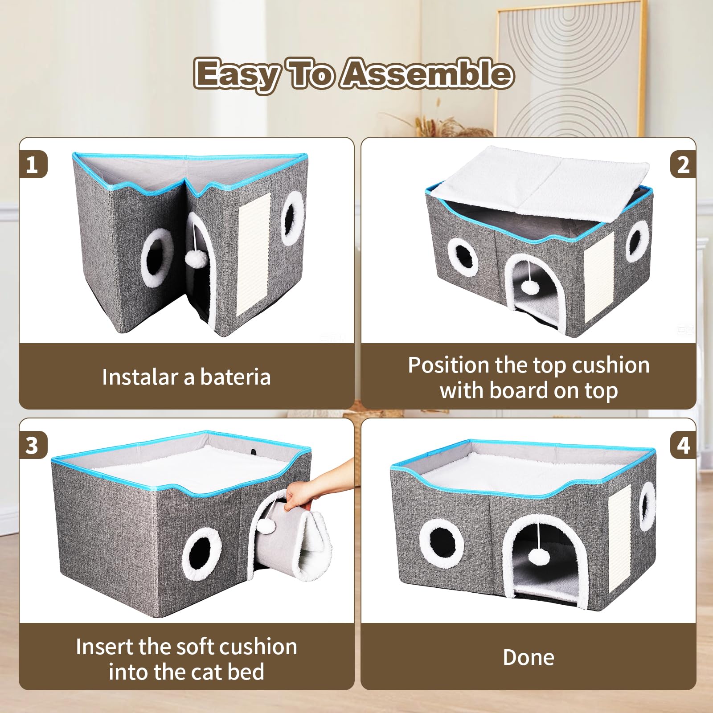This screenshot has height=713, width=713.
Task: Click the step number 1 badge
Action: [32, 164]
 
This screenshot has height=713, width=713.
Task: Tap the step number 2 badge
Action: [683, 164]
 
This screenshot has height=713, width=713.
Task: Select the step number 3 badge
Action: [32, 445]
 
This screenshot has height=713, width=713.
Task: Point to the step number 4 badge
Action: [683, 445]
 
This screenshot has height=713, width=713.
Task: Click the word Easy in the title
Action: [236, 74]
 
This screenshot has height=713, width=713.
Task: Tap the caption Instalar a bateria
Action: [186, 377]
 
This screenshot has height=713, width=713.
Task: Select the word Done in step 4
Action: [529, 657]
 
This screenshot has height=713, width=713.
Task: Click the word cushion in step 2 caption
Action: [611, 365]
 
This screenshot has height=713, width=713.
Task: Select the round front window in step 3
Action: [201, 554]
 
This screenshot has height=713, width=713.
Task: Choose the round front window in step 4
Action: [441, 543]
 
